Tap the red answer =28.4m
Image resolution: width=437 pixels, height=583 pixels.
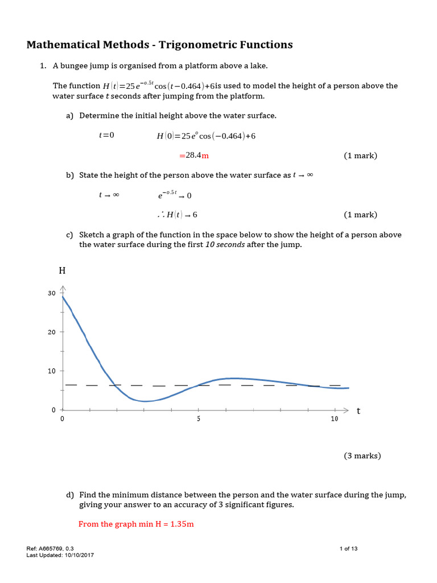click(194, 155)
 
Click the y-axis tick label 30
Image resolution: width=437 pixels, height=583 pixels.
click(52, 293)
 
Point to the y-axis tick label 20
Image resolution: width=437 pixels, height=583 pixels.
click(52, 332)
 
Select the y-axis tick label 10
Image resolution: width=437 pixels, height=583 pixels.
click(52, 371)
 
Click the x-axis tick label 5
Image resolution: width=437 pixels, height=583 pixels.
click(199, 419)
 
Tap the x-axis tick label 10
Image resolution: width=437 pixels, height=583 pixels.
click(334, 419)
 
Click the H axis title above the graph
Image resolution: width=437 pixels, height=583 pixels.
click(63, 270)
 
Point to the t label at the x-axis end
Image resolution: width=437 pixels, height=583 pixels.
click(358, 410)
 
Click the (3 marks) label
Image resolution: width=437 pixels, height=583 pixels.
click(362, 455)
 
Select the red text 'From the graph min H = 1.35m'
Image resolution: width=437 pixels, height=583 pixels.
click(136, 524)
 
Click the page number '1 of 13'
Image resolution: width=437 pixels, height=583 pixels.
click(348, 549)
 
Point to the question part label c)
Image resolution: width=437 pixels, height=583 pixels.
click(69, 235)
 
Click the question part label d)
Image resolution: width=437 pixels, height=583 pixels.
click(69, 495)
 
